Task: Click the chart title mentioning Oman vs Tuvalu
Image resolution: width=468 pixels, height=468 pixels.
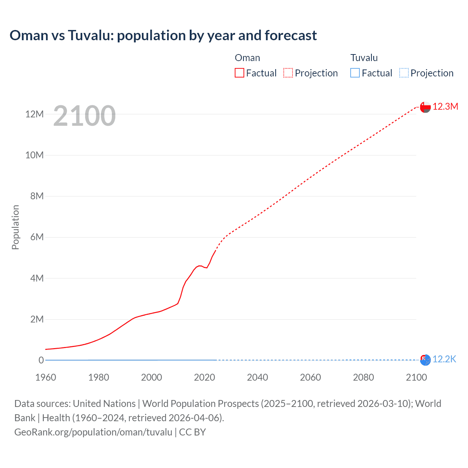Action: tap(163, 35)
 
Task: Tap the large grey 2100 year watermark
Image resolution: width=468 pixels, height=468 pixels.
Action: tap(84, 116)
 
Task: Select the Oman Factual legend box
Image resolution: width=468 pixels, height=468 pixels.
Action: tap(239, 73)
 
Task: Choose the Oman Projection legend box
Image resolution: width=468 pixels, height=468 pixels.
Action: tap(288, 73)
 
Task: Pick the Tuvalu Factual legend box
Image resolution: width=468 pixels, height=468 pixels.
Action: tap(355, 73)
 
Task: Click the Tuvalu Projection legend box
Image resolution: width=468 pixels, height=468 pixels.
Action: tap(404, 73)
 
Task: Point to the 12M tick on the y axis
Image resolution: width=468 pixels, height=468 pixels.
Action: tap(34, 114)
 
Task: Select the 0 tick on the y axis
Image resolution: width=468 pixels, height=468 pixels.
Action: tap(41, 360)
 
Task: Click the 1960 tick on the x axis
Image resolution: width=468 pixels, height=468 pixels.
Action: tap(46, 377)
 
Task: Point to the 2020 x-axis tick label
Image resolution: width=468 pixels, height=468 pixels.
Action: tap(204, 377)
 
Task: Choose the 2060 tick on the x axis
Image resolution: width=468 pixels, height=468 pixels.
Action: tap(310, 377)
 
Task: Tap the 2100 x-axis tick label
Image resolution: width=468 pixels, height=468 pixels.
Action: tap(416, 377)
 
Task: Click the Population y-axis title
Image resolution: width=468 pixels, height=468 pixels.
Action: tap(15, 227)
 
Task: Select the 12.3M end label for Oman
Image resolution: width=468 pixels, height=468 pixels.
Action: tap(445, 106)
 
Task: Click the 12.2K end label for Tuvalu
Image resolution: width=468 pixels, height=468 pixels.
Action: tap(444, 359)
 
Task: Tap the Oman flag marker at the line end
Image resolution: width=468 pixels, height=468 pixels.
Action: tap(425, 107)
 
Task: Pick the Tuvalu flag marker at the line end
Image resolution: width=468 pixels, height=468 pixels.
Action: tap(425, 360)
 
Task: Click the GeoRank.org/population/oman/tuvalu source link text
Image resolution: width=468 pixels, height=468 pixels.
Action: tap(93, 432)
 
